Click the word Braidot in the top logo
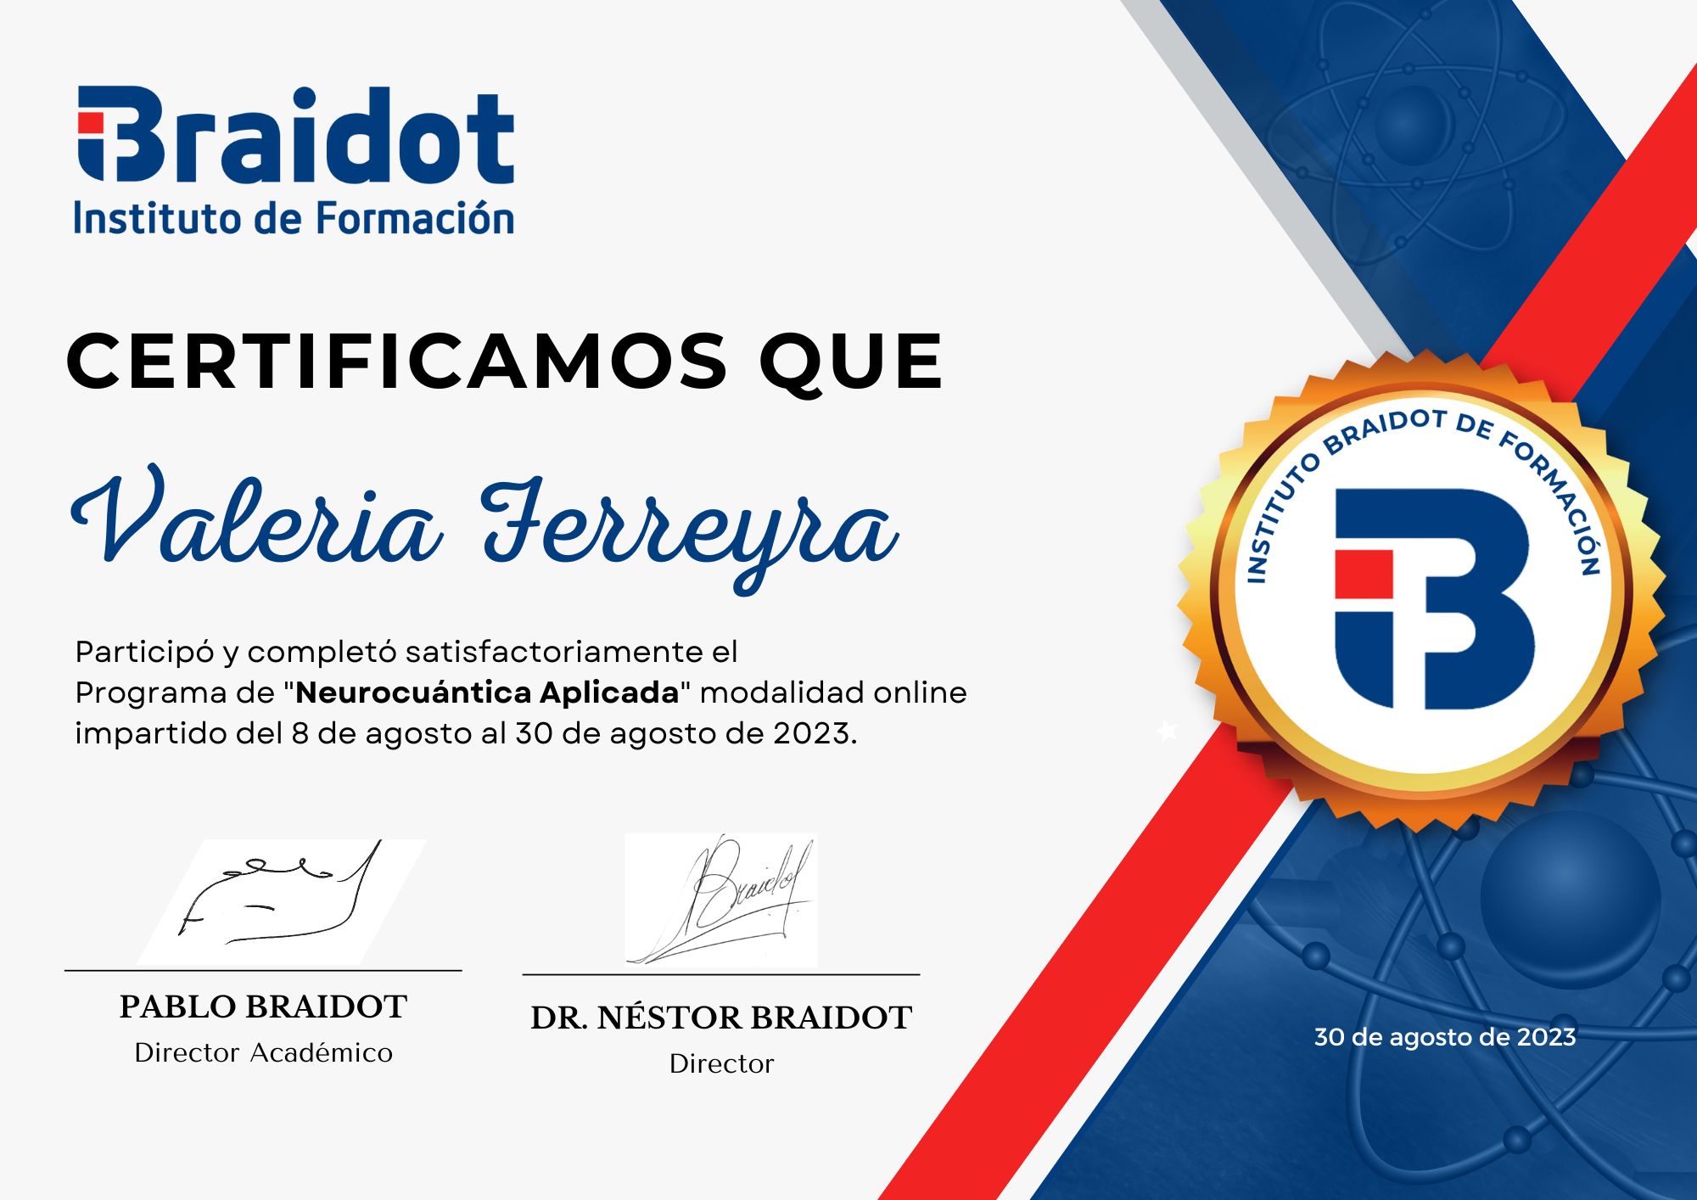tap(297, 136)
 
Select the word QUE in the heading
tap(850, 362)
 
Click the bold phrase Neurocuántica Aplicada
tap(487, 693)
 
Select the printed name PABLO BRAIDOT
tap(263, 1007)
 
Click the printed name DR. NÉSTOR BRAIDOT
tap(721, 1018)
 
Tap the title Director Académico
tap(263, 1053)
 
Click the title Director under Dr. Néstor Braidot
tap(721, 1064)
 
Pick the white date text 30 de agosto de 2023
tap(1444, 1037)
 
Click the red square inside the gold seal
tap(1364, 575)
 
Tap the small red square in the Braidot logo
tap(90, 123)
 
